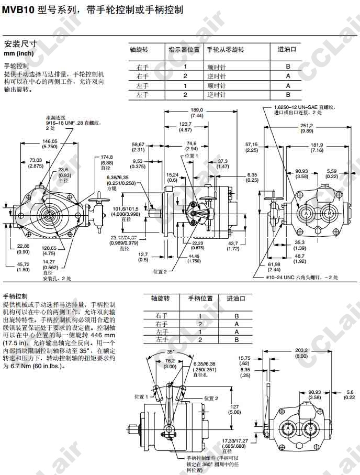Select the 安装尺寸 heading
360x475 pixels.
[18, 44]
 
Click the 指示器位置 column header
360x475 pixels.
[184, 50]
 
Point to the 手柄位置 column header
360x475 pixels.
[200, 298]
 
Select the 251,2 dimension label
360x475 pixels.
[307, 125]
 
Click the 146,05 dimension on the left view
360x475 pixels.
[50, 141]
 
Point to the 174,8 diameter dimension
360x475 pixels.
[107, 157]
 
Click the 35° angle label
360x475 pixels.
[171, 351]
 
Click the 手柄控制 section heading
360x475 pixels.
[15, 296]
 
